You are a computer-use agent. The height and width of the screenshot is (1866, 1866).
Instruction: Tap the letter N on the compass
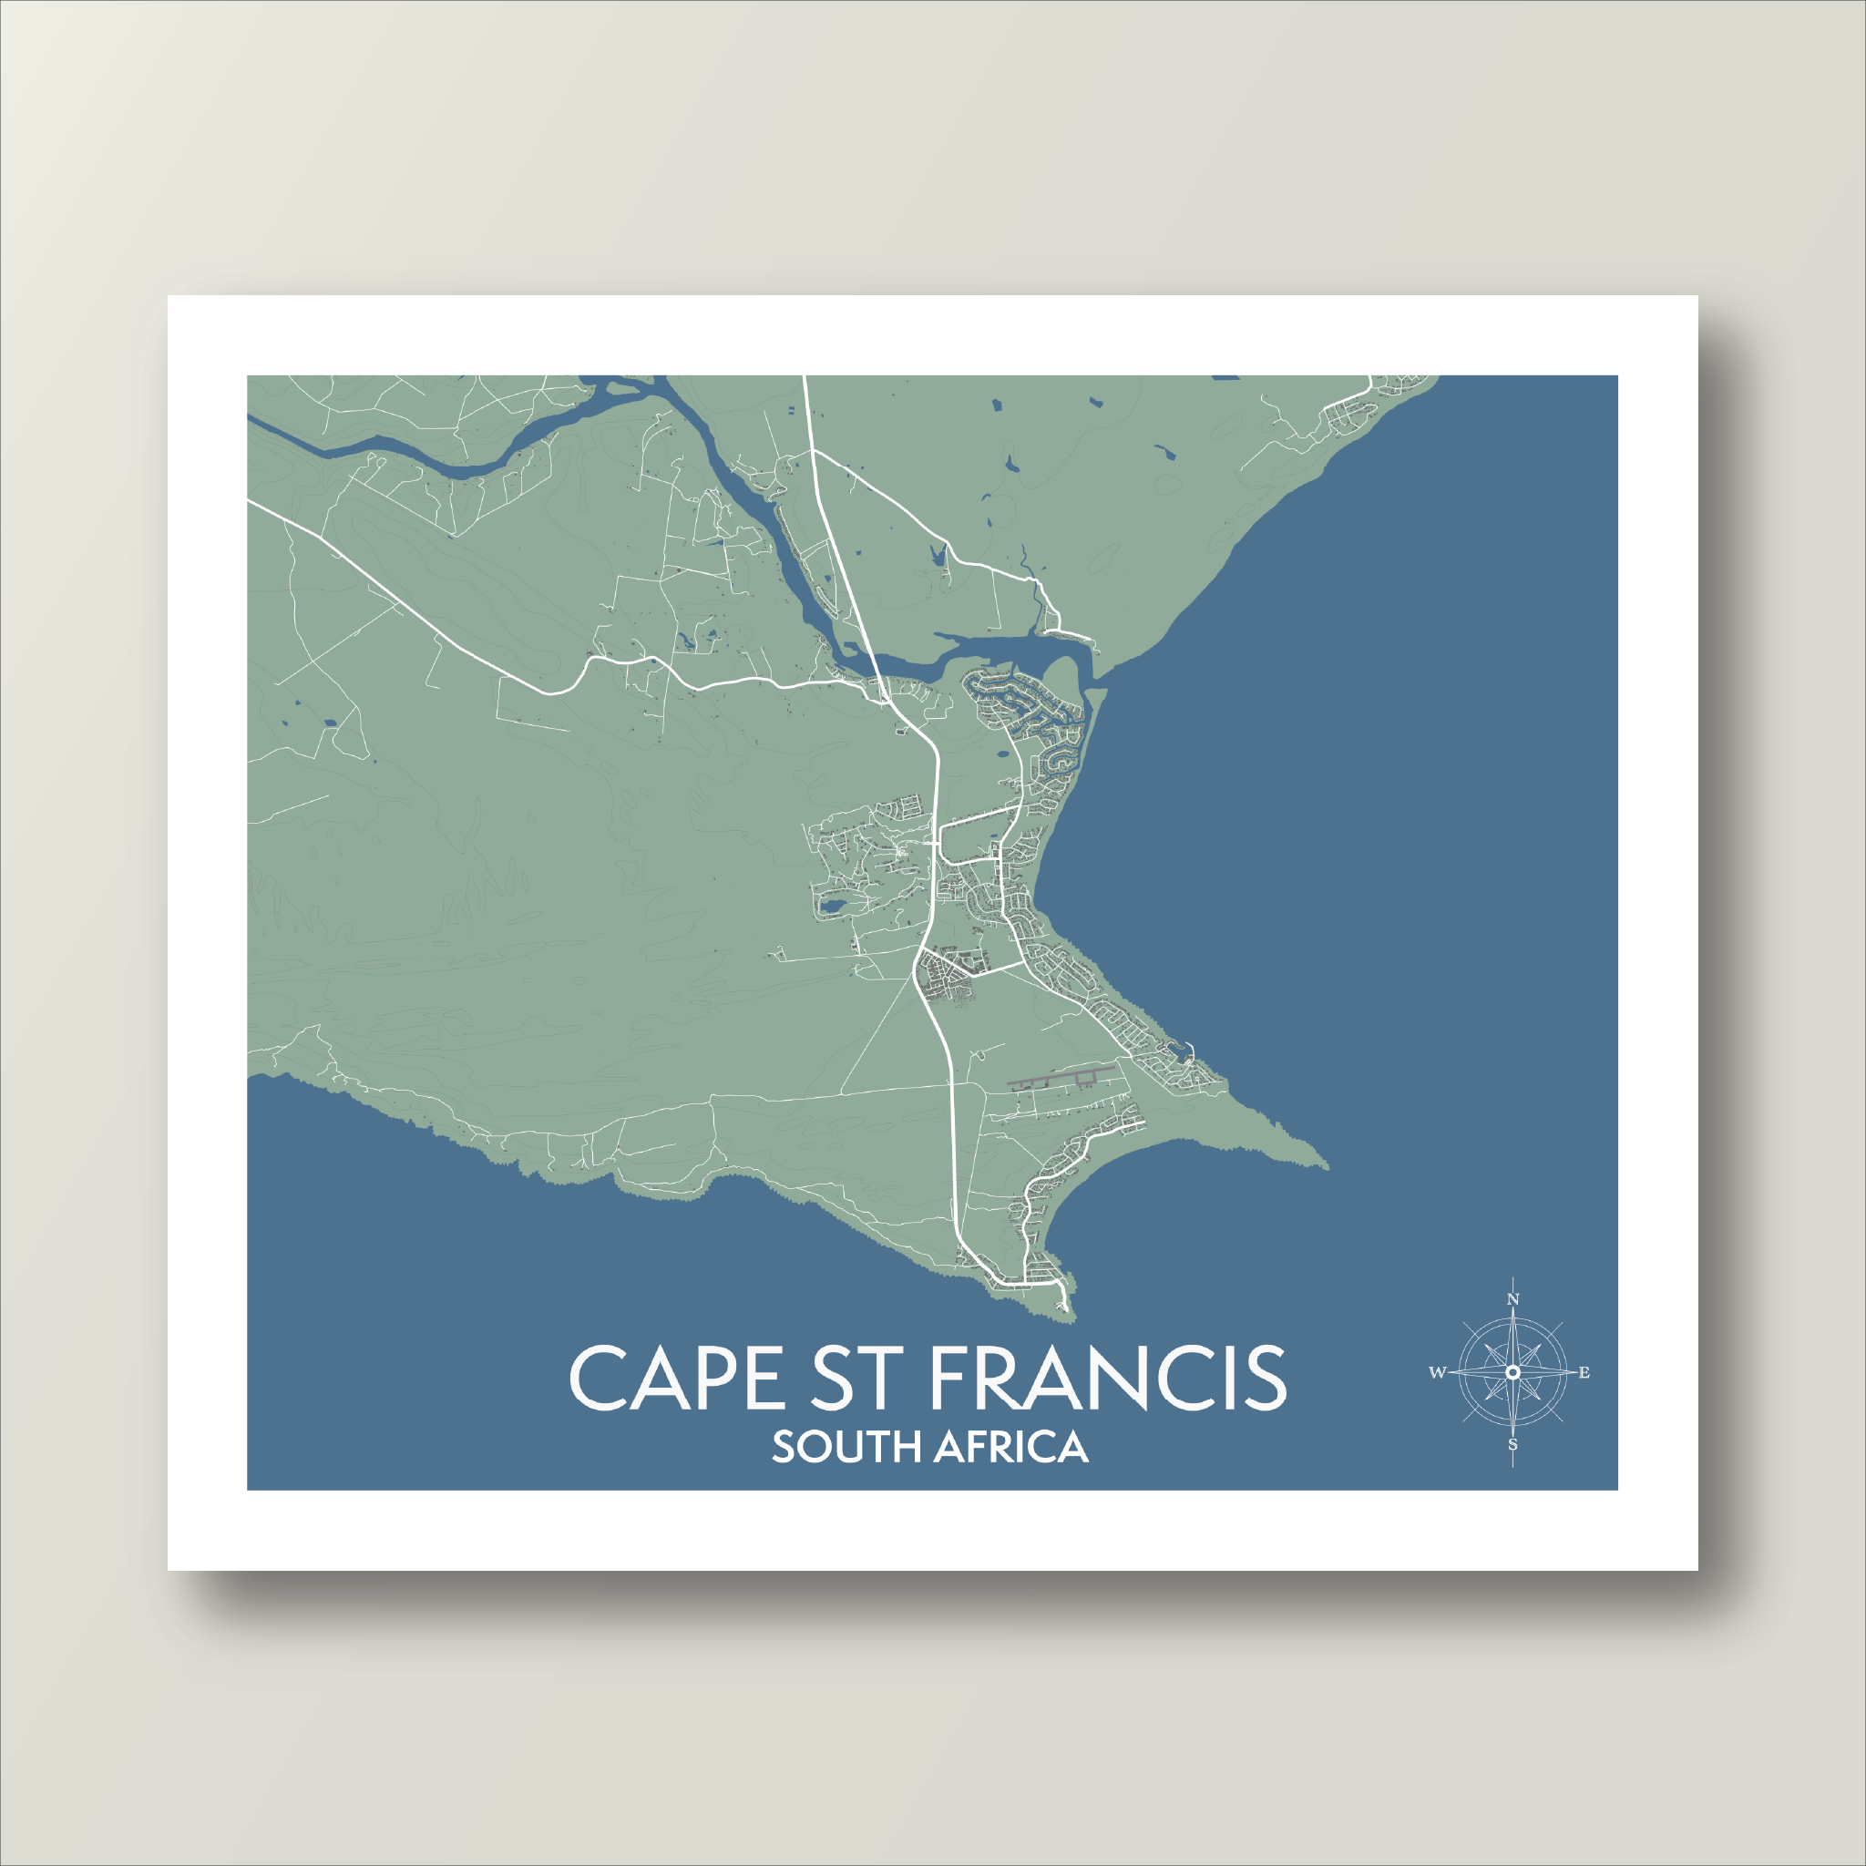(x=1513, y=1300)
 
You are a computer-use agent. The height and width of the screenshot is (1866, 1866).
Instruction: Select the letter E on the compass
(x=1584, y=1372)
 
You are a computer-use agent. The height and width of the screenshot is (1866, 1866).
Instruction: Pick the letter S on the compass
(x=1513, y=1445)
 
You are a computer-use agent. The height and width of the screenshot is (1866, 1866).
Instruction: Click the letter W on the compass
(x=1437, y=1372)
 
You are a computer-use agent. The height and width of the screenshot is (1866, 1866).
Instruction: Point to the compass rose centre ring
(x=1513, y=1372)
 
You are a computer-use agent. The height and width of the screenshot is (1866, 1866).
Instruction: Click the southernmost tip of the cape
(x=1068, y=1316)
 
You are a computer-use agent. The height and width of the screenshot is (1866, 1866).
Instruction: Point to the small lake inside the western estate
(x=830, y=907)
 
